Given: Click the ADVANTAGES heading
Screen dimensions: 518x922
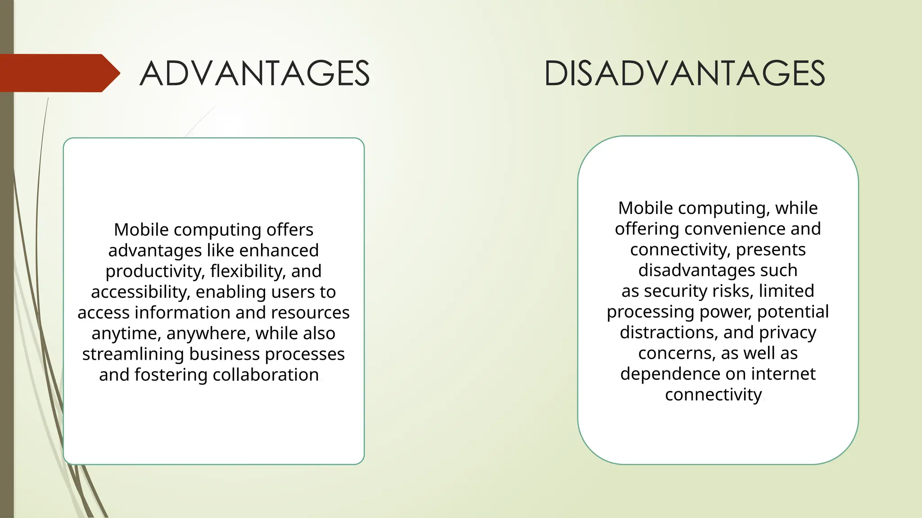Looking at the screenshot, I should click(254, 73).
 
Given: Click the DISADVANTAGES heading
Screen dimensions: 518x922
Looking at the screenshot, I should click(684, 73).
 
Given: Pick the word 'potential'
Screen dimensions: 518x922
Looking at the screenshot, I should click(793, 312).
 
